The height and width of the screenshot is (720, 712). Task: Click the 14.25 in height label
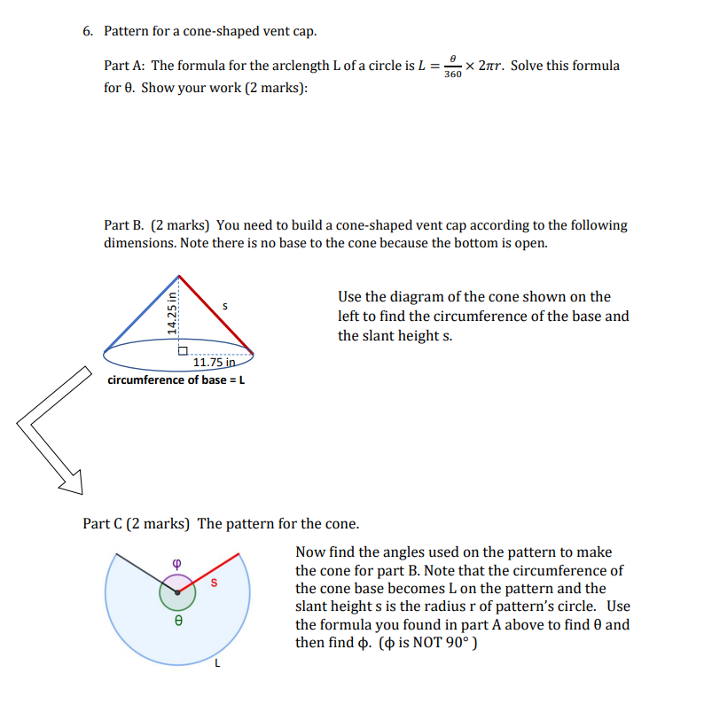click(x=171, y=309)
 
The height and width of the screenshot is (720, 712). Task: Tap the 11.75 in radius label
click(x=214, y=362)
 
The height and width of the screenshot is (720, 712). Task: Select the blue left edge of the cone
click(x=142, y=309)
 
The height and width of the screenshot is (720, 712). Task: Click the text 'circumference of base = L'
click(x=176, y=380)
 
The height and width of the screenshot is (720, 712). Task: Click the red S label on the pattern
click(x=213, y=583)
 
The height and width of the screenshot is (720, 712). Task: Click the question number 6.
click(x=87, y=31)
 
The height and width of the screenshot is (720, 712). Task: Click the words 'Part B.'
click(x=125, y=225)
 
